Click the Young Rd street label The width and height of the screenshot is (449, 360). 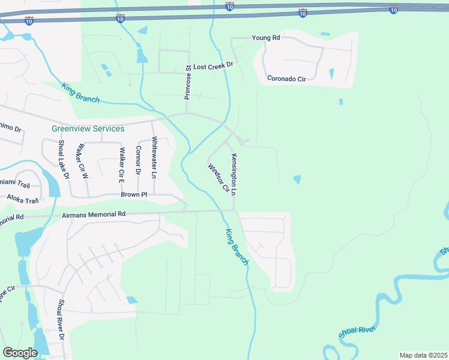tap(266, 38)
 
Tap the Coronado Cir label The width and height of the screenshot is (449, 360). tap(286, 79)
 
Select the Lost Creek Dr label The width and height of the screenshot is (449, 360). tap(213, 67)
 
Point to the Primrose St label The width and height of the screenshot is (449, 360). tap(187, 82)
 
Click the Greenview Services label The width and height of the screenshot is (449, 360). tap(88, 128)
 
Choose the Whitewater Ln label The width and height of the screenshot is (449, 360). tap(154, 157)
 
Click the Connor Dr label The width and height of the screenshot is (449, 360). tap(138, 161)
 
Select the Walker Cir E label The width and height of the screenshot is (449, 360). tap(121, 165)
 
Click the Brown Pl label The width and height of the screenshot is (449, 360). tap(134, 194)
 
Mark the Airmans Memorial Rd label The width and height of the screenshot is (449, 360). tap(93, 214)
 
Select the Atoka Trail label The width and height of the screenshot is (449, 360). tap(22, 199)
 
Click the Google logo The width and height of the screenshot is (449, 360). tap(20, 353)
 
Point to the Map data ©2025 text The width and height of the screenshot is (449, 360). tap(423, 355)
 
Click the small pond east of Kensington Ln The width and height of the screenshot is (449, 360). tap(297, 179)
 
